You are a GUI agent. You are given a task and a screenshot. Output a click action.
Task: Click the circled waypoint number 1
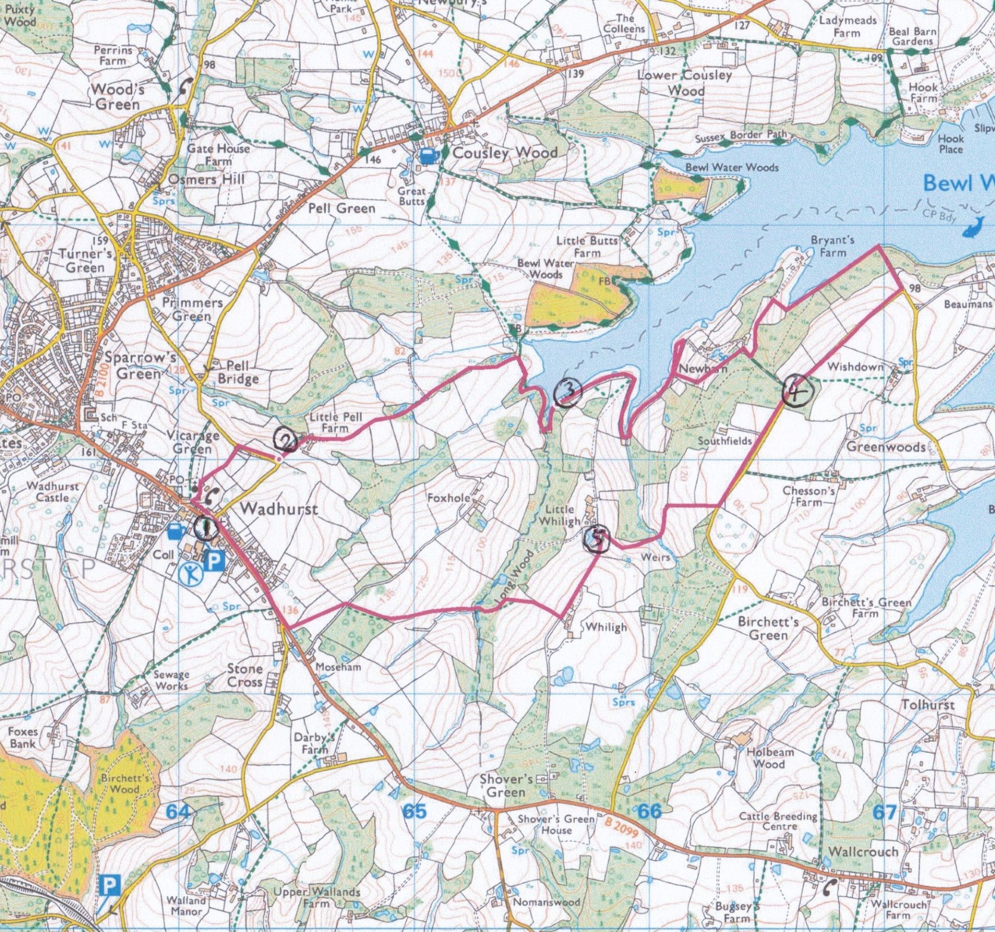pyautogui.click(x=206, y=529)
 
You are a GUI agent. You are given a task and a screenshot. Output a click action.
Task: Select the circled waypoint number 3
pyautogui.click(x=567, y=393)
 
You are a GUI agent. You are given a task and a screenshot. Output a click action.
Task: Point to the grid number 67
pyautogui.click(x=885, y=812)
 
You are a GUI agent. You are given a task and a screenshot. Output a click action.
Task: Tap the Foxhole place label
pyautogui.click(x=449, y=498)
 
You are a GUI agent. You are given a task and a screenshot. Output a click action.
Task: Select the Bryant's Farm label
pyautogui.click(x=833, y=246)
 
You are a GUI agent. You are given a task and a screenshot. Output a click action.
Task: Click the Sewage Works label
pyautogui.click(x=171, y=680)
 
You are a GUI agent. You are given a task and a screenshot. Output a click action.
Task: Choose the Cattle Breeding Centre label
pyautogui.click(x=778, y=820)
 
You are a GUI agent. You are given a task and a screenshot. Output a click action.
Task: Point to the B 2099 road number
pyautogui.click(x=620, y=827)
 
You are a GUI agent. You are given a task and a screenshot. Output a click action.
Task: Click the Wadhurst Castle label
pyautogui.click(x=52, y=492)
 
